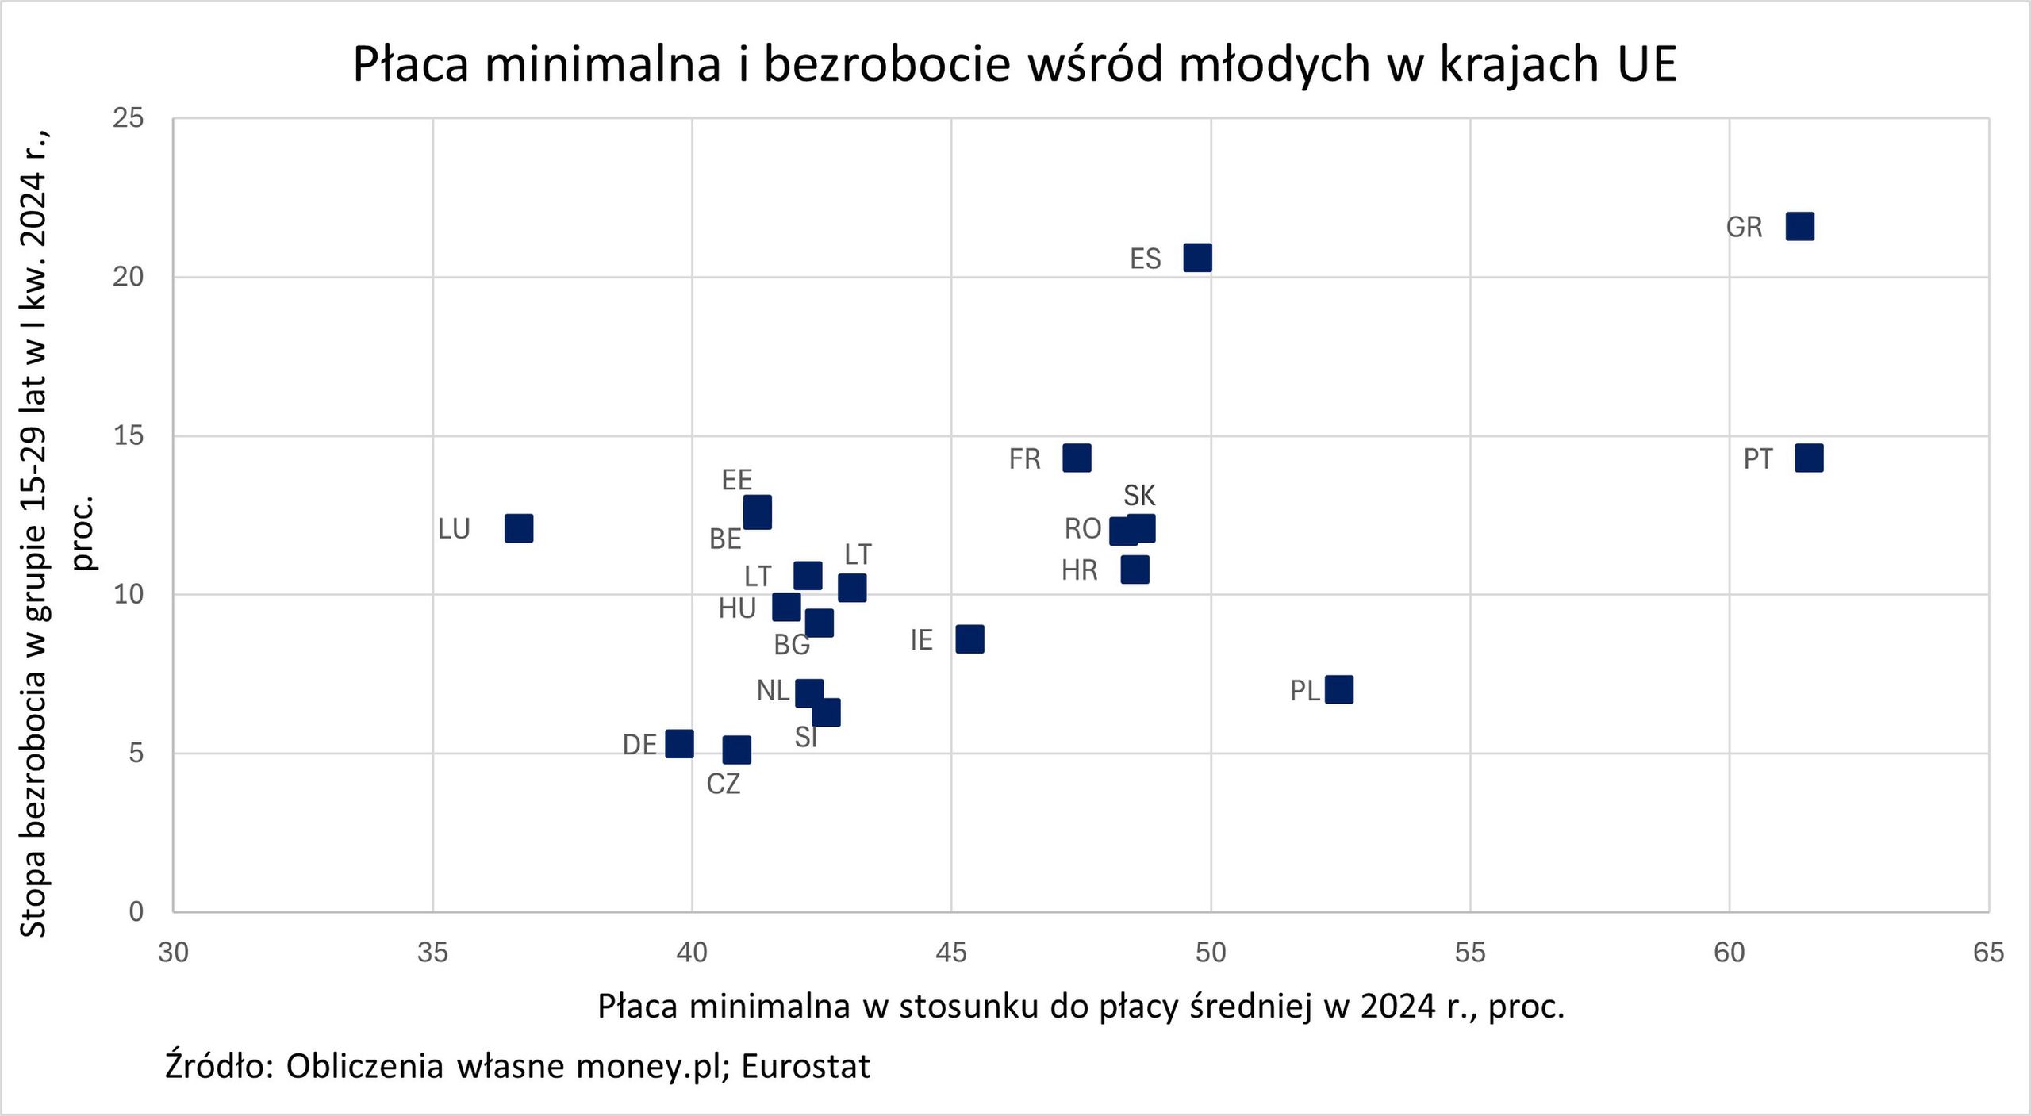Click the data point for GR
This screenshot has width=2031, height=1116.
[x=1799, y=227]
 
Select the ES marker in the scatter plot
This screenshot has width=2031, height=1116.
[x=1197, y=258]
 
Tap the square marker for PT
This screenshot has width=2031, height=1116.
[x=1809, y=458]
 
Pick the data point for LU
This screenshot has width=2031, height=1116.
[x=519, y=528]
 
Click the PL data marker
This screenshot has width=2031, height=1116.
[x=1339, y=689]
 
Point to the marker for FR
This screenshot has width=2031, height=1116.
[x=1077, y=458]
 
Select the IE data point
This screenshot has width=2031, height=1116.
[x=969, y=639]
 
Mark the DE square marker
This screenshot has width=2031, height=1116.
[x=679, y=743]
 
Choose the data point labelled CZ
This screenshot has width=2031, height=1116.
[x=736, y=749]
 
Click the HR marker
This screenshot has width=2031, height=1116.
[x=1135, y=570]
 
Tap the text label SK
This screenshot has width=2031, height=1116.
[x=1139, y=496]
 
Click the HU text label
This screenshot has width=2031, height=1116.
[x=736, y=608]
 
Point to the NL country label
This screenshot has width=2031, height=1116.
[x=772, y=691]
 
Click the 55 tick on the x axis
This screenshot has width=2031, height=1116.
[x=1470, y=952]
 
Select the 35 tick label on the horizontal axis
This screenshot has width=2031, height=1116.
[x=432, y=952]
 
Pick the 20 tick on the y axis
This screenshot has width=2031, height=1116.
[x=129, y=277]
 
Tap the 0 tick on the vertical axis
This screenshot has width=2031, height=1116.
[x=136, y=911]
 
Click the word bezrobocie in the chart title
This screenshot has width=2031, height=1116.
[x=887, y=63]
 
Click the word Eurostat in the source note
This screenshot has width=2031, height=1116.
[x=805, y=1067]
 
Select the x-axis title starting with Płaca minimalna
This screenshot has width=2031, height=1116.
[x=1081, y=1007]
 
